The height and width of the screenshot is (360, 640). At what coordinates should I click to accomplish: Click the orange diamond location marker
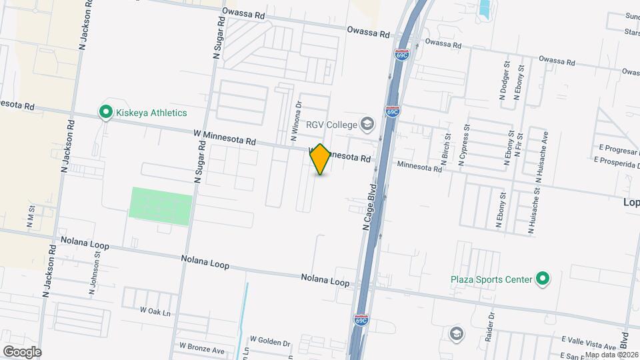pos(320,159)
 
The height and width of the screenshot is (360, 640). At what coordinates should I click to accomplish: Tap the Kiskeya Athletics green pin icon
pos(105,113)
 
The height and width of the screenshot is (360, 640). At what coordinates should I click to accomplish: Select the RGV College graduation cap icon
pos(367,123)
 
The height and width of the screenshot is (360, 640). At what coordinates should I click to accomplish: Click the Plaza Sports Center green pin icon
pos(543,279)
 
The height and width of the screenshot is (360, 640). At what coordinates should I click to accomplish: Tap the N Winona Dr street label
pos(295,121)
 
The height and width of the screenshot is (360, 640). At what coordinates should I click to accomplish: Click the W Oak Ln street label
pos(155,311)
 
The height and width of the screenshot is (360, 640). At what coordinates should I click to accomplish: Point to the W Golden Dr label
pos(270,343)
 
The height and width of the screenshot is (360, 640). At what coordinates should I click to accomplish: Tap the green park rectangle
pos(161,206)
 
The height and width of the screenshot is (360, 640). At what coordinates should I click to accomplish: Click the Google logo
pos(22,351)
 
